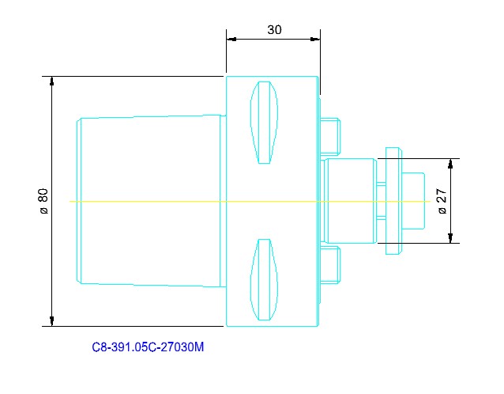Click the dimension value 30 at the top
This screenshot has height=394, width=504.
[x=274, y=30]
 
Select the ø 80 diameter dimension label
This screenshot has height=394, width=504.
[x=43, y=202]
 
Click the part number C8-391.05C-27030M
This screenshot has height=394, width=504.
[x=149, y=347]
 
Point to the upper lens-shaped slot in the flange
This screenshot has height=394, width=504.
[x=265, y=123]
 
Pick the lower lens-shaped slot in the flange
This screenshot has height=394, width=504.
[x=265, y=279]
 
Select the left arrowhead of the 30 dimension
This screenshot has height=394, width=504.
[x=231, y=38]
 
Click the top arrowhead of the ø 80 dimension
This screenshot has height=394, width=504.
[x=52, y=81]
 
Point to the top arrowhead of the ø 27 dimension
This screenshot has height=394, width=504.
[x=450, y=163]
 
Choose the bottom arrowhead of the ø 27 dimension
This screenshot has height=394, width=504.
[x=450, y=238]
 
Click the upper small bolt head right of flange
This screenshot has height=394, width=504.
[x=330, y=135]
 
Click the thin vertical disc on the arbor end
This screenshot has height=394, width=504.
[x=393, y=201]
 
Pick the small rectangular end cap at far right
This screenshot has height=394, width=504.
[x=413, y=200]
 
